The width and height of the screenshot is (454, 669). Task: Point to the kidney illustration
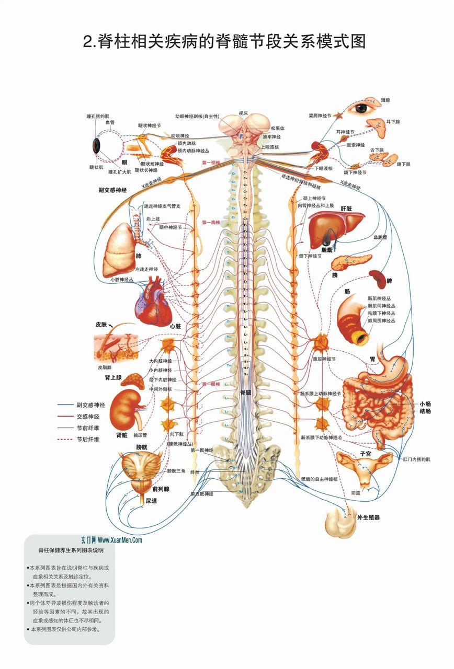127,407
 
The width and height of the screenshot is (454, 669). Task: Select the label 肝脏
346,209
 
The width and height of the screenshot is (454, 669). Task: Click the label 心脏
175,326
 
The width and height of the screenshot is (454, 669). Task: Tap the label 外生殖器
368,517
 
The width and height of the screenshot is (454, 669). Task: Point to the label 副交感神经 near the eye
112,190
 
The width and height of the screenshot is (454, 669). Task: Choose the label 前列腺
161,489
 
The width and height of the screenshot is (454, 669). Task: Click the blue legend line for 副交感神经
65,405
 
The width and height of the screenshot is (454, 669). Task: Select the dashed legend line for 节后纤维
65,439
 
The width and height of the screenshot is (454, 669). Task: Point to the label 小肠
425,404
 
